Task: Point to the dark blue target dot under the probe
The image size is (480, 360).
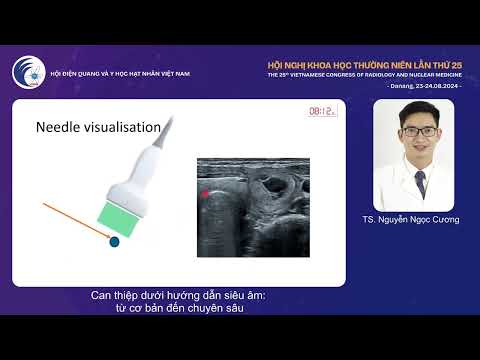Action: point(114,241)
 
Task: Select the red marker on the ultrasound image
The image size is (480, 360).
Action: point(206,192)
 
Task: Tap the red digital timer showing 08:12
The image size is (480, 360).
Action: point(321,112)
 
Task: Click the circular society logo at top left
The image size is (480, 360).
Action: point(28,73)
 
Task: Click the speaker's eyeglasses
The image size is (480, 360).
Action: point(420,131)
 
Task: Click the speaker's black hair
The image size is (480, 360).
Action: point(420,112)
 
